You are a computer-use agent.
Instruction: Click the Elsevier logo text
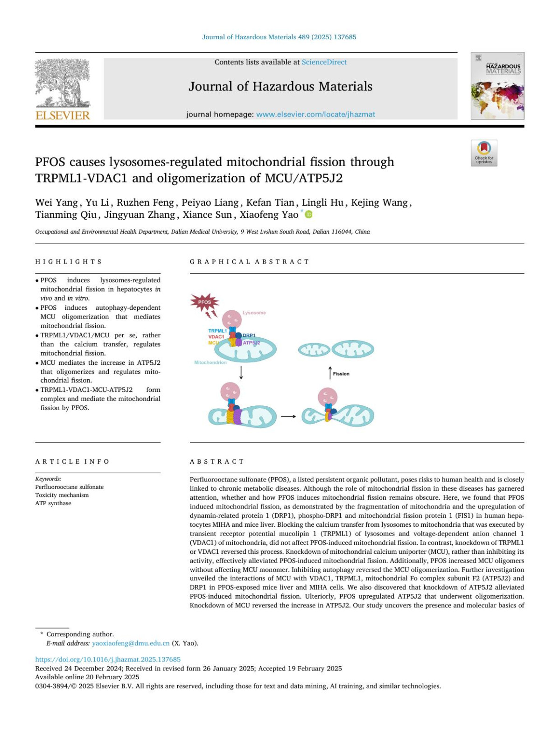pyautogui.click(x=63, y=115)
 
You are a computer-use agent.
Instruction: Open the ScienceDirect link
pyautogui.click(x=324, y=62)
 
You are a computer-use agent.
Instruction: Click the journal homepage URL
pyautogui.click(x=315, y=114)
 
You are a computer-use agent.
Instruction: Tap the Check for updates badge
pyautogui.click(x=484, y=153)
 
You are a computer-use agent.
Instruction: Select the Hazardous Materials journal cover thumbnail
pyautogui.click(x=497, y=86)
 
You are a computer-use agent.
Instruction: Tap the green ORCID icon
pyautogui.click(x=308, y=215)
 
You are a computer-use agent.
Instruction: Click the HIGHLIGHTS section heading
pyautogui.click(x=69, y=262)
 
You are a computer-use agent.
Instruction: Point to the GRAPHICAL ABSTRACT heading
pyautogui.click(x=249, y=262)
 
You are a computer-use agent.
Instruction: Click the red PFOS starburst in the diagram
pyautogui.click(x=204, y=302)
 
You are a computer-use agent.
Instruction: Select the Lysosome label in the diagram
pyautogui.click(x=254, y=313)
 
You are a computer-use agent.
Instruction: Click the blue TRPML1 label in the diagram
pyautogui.click(x=217, y=331)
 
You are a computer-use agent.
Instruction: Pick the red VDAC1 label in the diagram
pyautogui.click(x=216, y=337)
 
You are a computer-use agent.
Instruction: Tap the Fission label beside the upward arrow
pyautogui.click(x=341, y=374)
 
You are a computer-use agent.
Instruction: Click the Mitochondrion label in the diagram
pyautogui.click(x=210, y=363)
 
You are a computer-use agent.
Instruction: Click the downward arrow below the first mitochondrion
pyautogui.click(x=241, y=372)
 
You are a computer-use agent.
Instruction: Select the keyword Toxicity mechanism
pyautogui.click(x=62, y=495)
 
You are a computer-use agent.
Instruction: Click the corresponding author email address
pyautogui.click(x=131, y=643)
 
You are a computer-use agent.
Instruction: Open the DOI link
pyautogui.click(x=108, y=659)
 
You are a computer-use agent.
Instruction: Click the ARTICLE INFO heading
pyautogui.click(x=72, y=461)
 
